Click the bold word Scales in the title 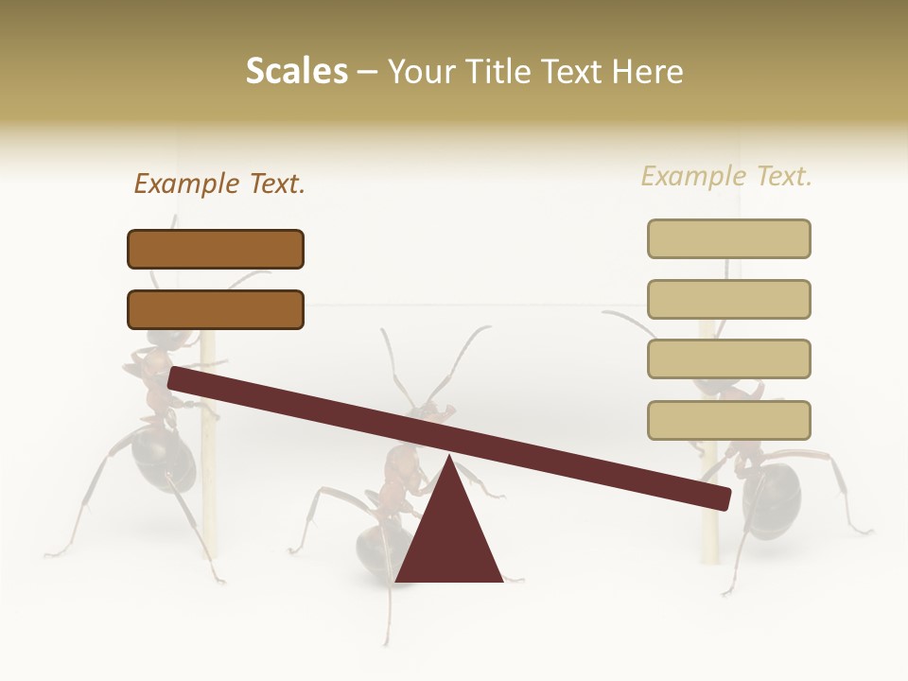(296, 71)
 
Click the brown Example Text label (219, 183)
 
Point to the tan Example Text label (726, 176)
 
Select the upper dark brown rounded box (216, 250)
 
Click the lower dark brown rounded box (216, 309)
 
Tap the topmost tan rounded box (728, 238)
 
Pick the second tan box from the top (728, 299)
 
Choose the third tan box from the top (728, 359)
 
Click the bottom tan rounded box (728, 420)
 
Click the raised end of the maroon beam (180, 378)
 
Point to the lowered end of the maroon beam (719, 497)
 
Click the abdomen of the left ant (162, 459)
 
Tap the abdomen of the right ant (771, 497)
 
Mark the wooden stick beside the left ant (209, 473)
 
